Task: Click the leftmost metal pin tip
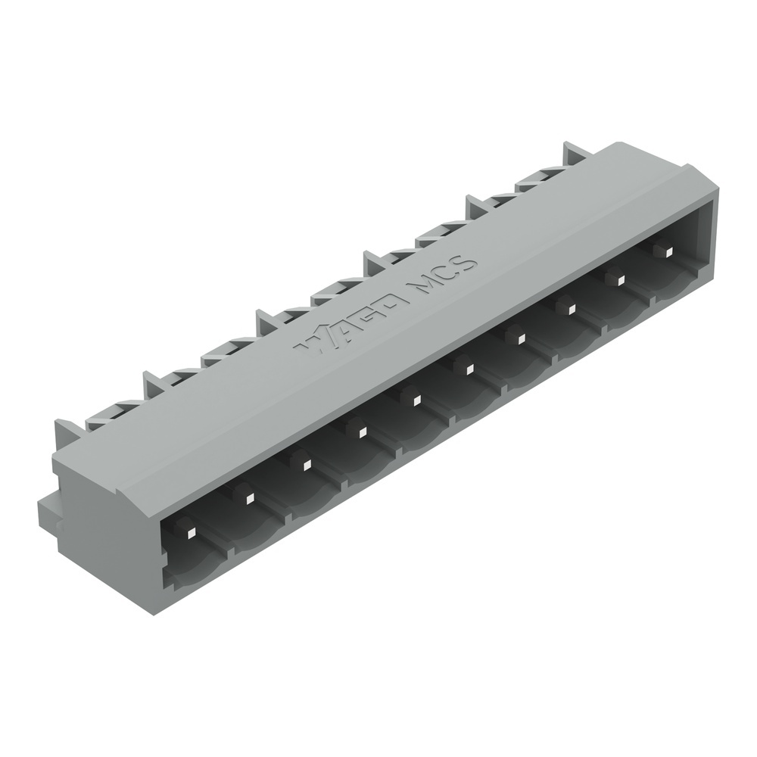[x=191, y=532]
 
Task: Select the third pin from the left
[x=303, y=463]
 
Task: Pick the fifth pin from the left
[x=414, y=398]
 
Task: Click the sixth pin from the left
[x=467, y=368]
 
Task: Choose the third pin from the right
[x=570, y=307]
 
